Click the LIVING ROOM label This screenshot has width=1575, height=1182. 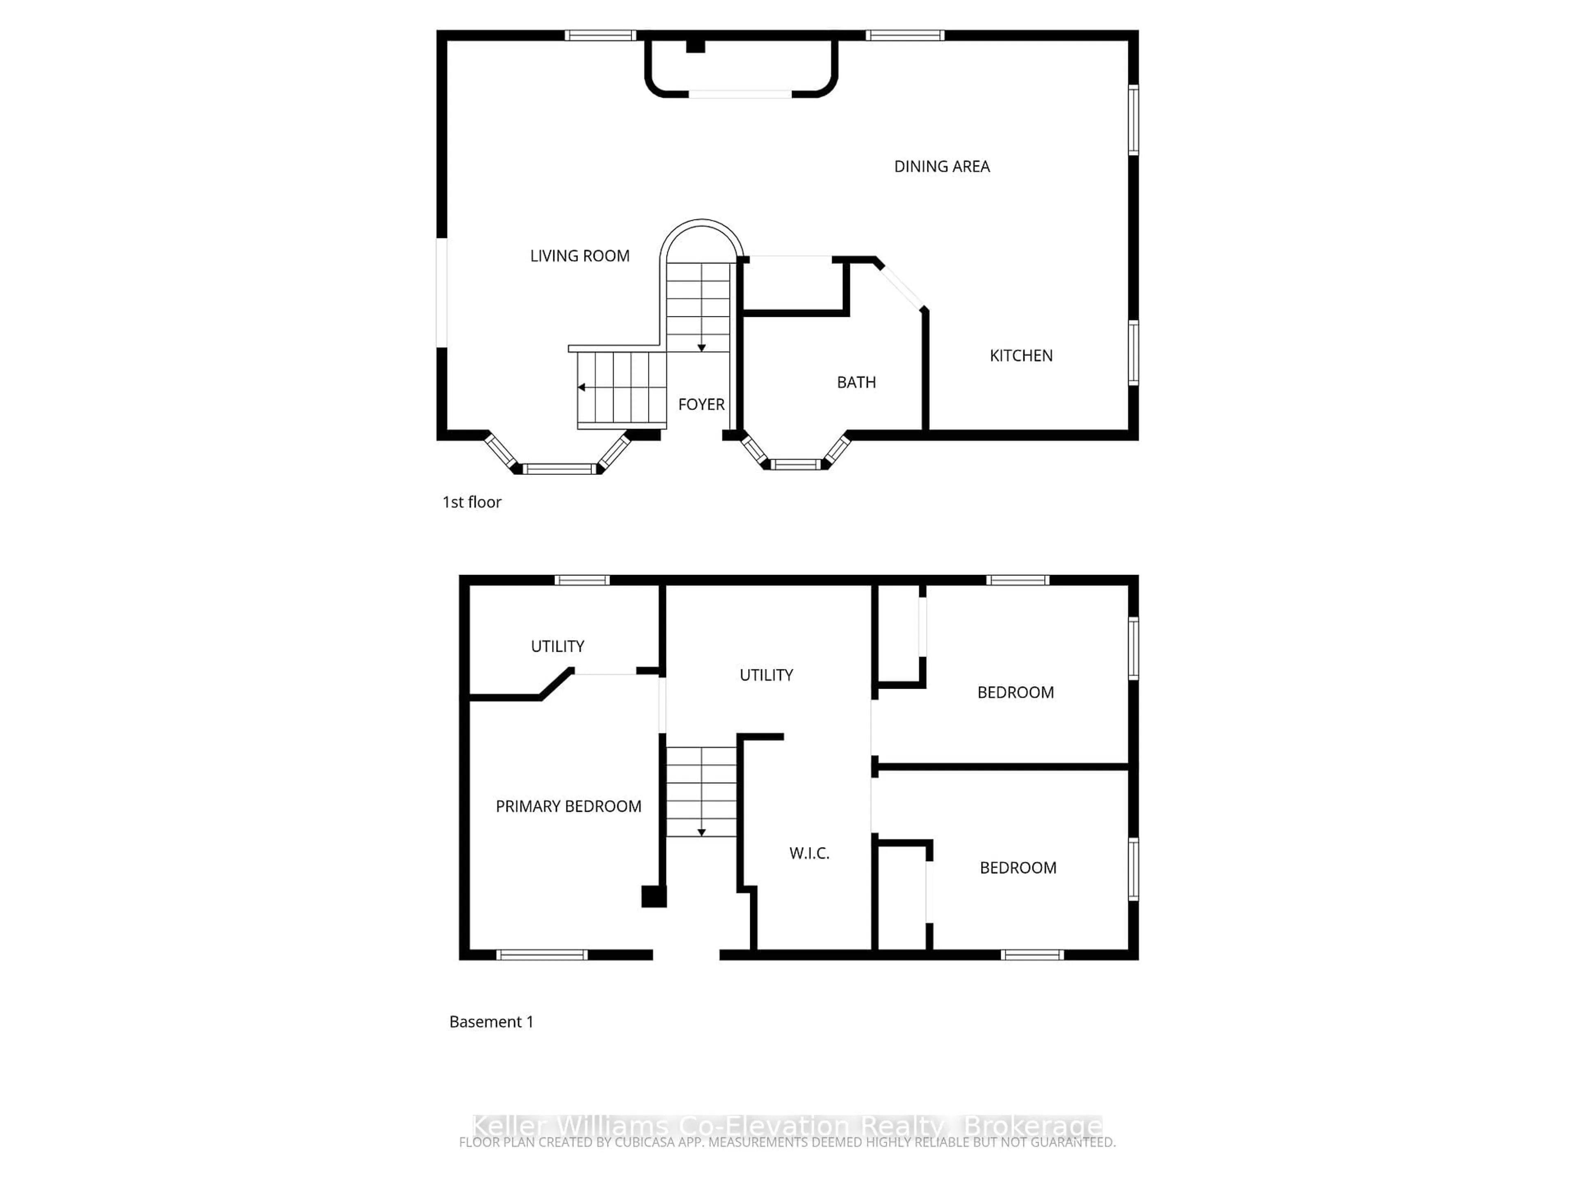click(580, 256)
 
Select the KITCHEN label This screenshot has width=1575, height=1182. click(1020, 355)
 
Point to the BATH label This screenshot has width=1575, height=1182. click(856, 383)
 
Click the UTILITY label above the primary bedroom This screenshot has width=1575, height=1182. click(557, 646)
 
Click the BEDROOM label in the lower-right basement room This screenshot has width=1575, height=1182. click(1018, 868)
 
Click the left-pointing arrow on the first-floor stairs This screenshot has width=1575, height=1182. click(582, 387)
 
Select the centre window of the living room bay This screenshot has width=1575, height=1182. click(559, 469)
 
